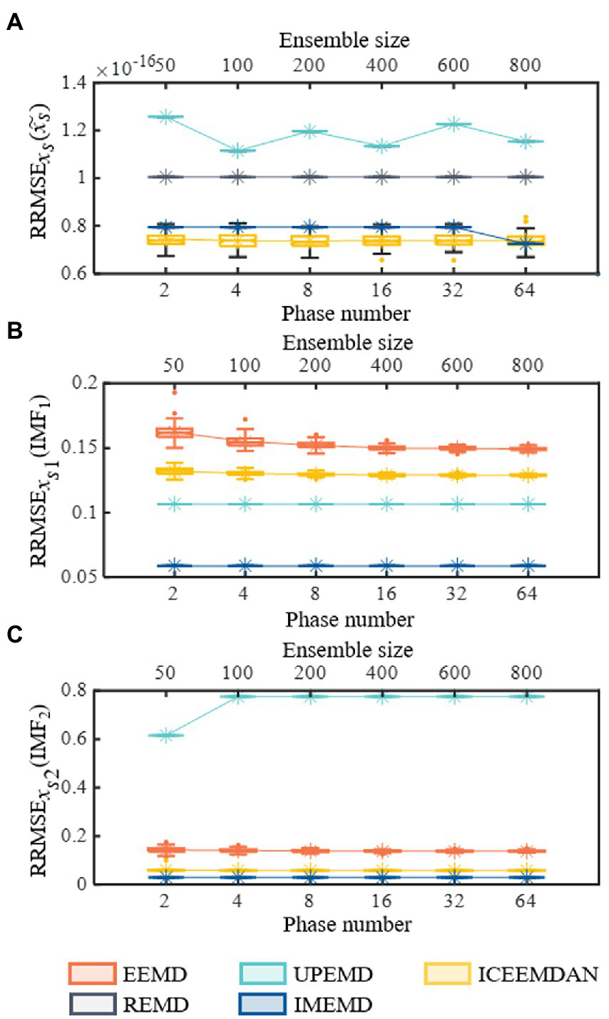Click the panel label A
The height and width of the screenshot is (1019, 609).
14,23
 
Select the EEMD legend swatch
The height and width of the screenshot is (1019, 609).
91,973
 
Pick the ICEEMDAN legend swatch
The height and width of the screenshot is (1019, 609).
447,973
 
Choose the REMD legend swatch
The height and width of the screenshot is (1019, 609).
91,1004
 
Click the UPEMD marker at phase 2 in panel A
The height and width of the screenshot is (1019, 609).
165,116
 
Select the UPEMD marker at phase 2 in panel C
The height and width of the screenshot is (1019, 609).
165,735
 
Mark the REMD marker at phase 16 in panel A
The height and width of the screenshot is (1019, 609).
382,177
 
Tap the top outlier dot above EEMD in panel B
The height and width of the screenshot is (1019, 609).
175,391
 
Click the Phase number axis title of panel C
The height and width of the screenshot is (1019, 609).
347,925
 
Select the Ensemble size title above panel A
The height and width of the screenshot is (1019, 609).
344,39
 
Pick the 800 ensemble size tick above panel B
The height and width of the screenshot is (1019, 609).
527,365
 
